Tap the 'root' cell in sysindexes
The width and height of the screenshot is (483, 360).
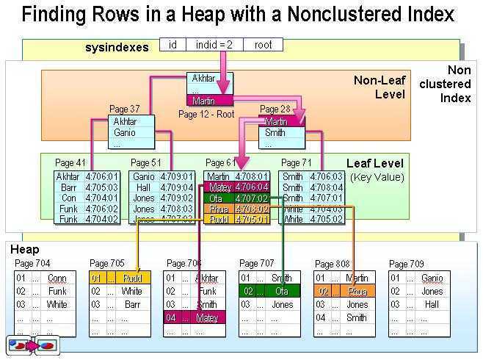[x=263, y=45]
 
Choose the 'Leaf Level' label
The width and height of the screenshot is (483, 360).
[x=374, y=164]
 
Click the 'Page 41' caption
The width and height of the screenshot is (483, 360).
[x=70, y=162]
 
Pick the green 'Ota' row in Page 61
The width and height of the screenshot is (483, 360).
[x=236, y=198]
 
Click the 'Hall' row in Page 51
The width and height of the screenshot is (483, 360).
[x=153, y=187]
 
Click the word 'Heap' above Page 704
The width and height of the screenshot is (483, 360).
[x=25, y=251]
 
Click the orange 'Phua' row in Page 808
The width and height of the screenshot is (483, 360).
[x=345, y=291]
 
